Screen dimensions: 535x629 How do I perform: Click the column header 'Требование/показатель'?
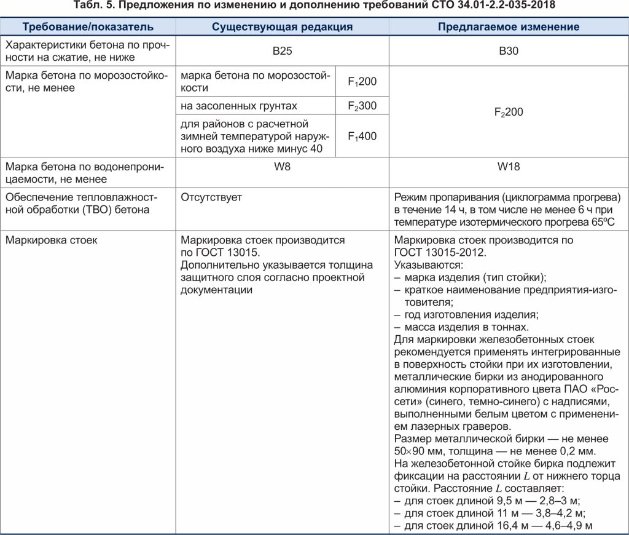pos(88,27)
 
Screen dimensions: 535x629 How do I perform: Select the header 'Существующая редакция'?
pos(282,27)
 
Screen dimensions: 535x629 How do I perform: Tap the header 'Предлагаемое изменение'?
pos(509,27)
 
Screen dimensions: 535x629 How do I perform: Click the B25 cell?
pos(282,52)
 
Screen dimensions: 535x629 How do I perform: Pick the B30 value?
pos(509,52)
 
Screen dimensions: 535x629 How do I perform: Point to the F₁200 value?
pos(362,81)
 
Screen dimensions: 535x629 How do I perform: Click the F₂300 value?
pos(362,106)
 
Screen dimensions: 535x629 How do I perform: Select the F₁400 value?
pos(362,137)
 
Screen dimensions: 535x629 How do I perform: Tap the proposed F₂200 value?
pos(509,113)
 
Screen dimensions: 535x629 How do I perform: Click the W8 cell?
pos(282,167)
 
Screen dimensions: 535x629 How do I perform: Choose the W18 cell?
pos(509,167)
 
